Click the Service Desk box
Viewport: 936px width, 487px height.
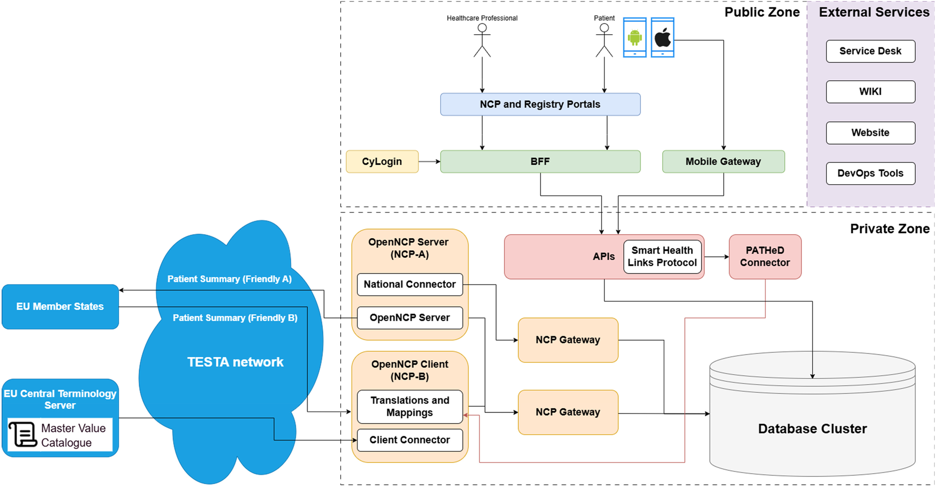[870, 51]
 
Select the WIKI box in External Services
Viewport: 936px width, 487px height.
[870, 91]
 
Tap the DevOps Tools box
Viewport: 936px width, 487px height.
[870, 173]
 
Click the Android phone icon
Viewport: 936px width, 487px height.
[635, 37]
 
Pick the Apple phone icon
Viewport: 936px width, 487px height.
[663, 37]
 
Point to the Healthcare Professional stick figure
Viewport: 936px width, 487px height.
[482, 41]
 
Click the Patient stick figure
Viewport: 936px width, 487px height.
[604, 41]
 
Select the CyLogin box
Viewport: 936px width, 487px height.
[382, 162]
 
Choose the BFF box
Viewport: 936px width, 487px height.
[540, 162]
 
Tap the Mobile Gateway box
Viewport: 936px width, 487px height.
[723, 162]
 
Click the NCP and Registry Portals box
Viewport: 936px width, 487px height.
[540, 104]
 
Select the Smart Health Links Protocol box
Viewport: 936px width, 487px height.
[662, 257]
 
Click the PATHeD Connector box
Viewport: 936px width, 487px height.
[765, 257]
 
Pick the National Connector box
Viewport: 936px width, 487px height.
[410, 284]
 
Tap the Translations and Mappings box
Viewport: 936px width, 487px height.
[410, 407]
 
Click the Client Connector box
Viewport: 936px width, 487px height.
[410, 440]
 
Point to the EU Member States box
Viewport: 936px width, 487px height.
[60, 307]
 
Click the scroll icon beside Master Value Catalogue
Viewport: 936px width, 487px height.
[23, 434]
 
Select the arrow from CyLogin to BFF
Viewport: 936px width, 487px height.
[429, 162]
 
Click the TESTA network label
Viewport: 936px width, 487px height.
[235, 362]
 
